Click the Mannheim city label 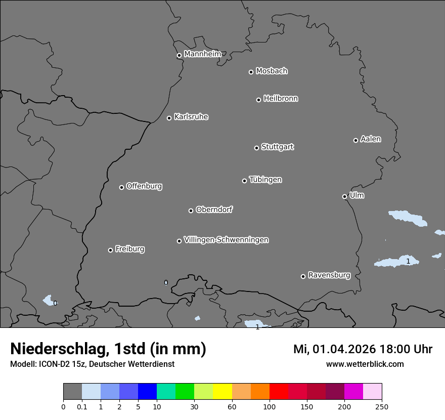[202, 54]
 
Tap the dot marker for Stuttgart [256, 148]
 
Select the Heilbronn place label [281, 99]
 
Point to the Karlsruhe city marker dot [169, 118]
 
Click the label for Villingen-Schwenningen [226, 240]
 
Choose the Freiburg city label [129, 249]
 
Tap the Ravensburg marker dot [303, 276]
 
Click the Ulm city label [357, 195]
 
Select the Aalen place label [371, 139]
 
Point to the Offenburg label [144, 186]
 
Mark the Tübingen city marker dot [244, 181]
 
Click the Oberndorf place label [214, 209]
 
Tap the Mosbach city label [272, 71]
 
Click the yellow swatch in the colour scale [222, 392]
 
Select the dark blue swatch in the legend [147, 392]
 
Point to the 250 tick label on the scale [382, 406]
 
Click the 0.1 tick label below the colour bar [82, 406]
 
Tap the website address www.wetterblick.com [365, 364]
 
